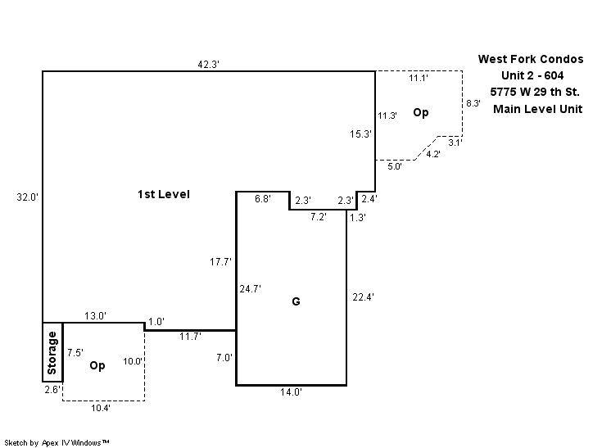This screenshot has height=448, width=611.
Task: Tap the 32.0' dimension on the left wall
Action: pos(28,197)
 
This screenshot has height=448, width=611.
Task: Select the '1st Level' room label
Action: pos(164,195)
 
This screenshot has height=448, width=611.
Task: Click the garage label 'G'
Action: pos(296,302)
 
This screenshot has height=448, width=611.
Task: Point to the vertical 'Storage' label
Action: pos(52,352)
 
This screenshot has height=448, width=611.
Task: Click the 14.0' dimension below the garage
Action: pos(291,393)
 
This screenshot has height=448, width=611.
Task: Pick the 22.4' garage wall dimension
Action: pos(362,297)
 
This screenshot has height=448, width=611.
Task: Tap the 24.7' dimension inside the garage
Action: pos(250,289)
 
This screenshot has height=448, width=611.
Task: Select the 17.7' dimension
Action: pos(221,262)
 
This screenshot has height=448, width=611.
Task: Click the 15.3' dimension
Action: pos(361,133)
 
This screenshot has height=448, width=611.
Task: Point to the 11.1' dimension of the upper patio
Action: pos(419,79)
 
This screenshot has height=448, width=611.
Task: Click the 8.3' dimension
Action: pos(473,104)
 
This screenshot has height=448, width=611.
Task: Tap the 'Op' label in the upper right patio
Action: pos(420,113)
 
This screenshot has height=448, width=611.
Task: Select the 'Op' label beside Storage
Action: pos(97,365)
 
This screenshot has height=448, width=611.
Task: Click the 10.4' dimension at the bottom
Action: pos(102,408)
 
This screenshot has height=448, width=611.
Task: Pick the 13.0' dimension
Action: pos(95,316)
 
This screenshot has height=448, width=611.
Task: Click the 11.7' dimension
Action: pos(191,336)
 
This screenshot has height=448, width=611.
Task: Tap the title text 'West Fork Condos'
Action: pos(531,59)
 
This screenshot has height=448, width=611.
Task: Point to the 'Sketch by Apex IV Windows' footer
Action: pos(57,442)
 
